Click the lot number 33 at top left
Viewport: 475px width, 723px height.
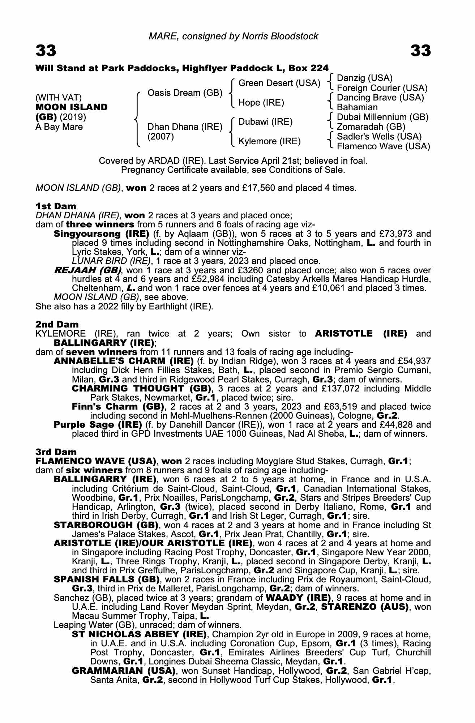[x=46, y=51]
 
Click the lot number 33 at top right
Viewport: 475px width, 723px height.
[x=421, y=51]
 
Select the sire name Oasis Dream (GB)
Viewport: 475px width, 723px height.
[x=185, y=93]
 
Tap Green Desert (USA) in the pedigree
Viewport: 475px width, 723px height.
[x=279, y=84]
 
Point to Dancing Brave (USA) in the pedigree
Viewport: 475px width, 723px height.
[x=380, y=98]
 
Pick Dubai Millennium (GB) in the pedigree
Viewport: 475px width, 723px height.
[x=382, y=117]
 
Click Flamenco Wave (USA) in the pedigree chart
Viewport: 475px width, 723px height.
[x=383, y=146]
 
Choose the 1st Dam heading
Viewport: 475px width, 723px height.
[x=56, y=206]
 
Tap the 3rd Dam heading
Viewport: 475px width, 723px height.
[x=56, y=452]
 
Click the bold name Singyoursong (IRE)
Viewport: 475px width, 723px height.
[x=102, y=234]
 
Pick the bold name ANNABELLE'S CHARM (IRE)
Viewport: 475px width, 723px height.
[x=124, y=361]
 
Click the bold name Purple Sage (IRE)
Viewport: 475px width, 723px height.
[x=98, y=425]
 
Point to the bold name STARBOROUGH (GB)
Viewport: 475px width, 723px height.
[x=106, y=525]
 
